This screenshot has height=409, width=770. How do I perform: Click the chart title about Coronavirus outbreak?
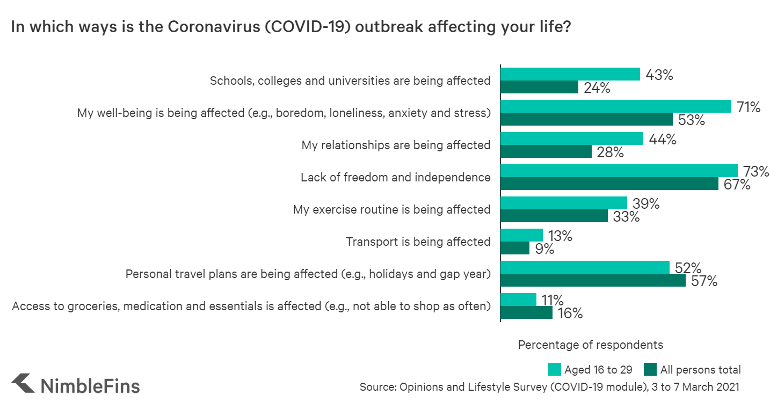[290, 28]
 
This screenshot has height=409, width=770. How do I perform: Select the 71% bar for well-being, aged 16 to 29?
[615, 106]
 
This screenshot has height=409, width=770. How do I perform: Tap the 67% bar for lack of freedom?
[609, 184]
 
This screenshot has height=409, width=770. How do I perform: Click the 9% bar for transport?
[514, 248]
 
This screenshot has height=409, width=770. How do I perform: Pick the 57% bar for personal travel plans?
[593, 280]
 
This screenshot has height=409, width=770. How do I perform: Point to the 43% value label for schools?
[659, 75]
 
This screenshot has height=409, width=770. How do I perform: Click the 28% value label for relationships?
[610, 152]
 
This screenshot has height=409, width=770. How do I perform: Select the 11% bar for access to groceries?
[518, 300]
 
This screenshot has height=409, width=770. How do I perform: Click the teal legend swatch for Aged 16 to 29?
[554, 369]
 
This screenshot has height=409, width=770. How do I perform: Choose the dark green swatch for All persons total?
[650, 369]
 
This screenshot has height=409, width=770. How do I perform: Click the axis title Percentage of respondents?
[590, 345]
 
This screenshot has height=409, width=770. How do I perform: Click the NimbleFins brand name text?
[90, 386]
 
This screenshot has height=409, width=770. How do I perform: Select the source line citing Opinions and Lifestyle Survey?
[549, 387]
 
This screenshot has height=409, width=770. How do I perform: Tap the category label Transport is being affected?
[418, 242]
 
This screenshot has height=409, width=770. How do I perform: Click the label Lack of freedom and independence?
[395, 177]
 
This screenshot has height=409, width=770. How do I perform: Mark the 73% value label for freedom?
[756, 172]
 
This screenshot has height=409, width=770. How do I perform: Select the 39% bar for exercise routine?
[563, 203]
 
